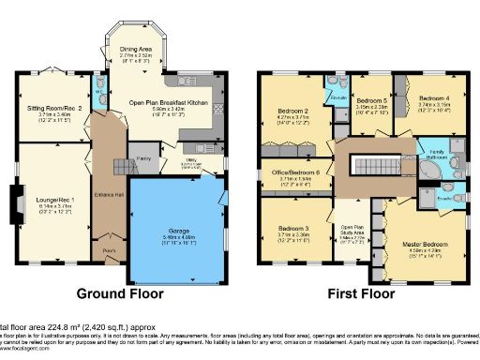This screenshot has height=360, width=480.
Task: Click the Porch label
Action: pyautogui.click(x=109, y=250)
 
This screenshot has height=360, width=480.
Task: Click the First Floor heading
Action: pyautogui.click(x=363, y=293)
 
